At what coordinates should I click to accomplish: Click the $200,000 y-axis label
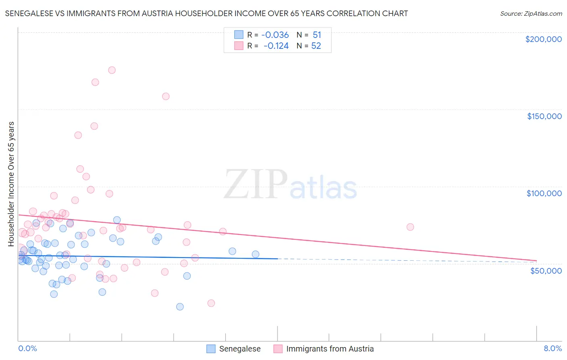(x=543, y=39)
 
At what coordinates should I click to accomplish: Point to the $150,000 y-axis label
(x=544, y=116)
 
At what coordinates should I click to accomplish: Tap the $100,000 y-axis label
(x=544, y=193)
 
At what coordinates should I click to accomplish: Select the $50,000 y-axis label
(x=546, y=270)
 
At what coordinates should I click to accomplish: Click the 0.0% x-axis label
(x=27, y=348)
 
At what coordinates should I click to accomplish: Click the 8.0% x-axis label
(x=552, y=348)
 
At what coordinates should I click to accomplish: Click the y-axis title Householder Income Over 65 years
(x=11, y=184)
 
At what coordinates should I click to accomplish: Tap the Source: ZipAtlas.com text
(x=531, y=14)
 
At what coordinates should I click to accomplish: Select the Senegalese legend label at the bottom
(x=240, y=349)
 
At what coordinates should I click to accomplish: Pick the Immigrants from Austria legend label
(x=329, y=349)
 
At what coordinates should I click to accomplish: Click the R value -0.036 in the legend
(x=275, y=35)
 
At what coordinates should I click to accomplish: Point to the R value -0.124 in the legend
(x=276, y=46)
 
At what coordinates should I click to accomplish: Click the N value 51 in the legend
(x=317, y=35)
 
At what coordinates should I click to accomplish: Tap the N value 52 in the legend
(x=316, y=46)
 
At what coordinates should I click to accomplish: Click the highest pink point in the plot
(x=112, y=70)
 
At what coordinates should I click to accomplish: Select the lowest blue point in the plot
(x=180, y=307)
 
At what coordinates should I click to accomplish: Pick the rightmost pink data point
(x=410, y=227)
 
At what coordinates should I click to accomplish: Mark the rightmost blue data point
(x=255, y=254)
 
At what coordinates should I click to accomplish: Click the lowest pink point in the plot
(x=211, y=303)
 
